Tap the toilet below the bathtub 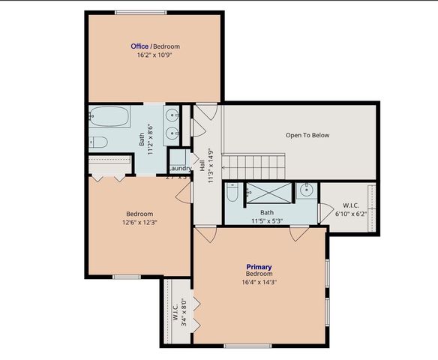coord(100,142)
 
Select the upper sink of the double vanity coord(172,116)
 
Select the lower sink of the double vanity coord(172,135)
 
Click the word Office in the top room coord(140,46)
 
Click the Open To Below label coord(307,136)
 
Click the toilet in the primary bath coord(232,193)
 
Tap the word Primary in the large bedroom coord(259,267)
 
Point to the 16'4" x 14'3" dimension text coord(259,283)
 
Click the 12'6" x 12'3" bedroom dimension coord(139,222)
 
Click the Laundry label coord(180,168)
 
